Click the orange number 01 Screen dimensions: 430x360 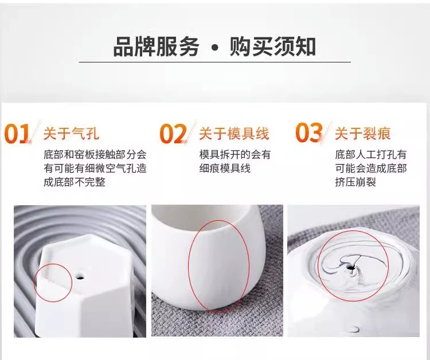17,134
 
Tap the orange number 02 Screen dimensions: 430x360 173,134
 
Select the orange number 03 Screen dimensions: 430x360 309,132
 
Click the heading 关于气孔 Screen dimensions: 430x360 71,134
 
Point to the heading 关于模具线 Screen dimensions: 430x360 234,134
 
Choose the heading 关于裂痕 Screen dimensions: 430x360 362,133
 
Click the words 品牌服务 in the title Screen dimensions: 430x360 156,46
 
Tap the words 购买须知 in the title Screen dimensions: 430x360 272,46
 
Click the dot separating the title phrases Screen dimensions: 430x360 215,48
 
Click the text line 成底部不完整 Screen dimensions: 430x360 75,182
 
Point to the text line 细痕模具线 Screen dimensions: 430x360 225,169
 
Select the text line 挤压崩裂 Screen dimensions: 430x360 355,182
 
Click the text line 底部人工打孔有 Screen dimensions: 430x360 370,155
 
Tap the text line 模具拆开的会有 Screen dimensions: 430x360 234,155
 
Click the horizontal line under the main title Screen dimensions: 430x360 215,62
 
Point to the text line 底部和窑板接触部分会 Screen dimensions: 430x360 95,155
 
